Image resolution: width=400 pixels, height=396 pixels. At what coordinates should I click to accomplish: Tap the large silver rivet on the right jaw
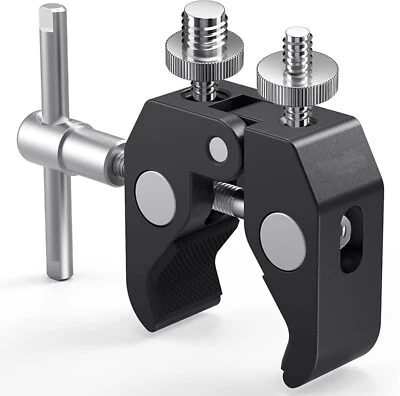pyautogui.click(x=278, y=239)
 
